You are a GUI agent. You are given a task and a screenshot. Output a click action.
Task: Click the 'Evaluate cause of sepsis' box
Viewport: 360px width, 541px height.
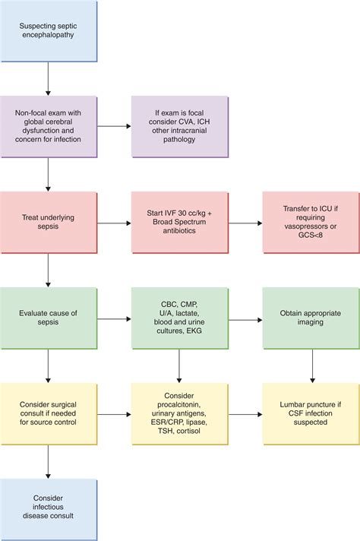(x=49, y=317)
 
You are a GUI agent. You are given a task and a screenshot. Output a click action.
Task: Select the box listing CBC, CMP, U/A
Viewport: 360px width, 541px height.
(x=179, y=317)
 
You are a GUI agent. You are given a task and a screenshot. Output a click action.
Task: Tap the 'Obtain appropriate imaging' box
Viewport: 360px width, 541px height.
(x=311, y=317)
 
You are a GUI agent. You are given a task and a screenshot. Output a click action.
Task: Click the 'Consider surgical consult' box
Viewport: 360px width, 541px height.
(x=49, y=413)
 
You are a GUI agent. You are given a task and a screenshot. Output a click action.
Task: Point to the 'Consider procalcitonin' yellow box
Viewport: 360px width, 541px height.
(x=179, y=413)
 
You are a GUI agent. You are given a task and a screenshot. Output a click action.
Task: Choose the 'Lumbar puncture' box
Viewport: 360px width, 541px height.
(x=311, y=413)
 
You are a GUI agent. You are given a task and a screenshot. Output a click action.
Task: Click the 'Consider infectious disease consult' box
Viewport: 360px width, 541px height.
(x=49, y=509)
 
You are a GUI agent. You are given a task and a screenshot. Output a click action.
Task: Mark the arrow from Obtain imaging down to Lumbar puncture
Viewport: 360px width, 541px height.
(x=311, y=365)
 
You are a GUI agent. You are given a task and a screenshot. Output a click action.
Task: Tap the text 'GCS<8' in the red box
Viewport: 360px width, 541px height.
(x=311, y=236)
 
